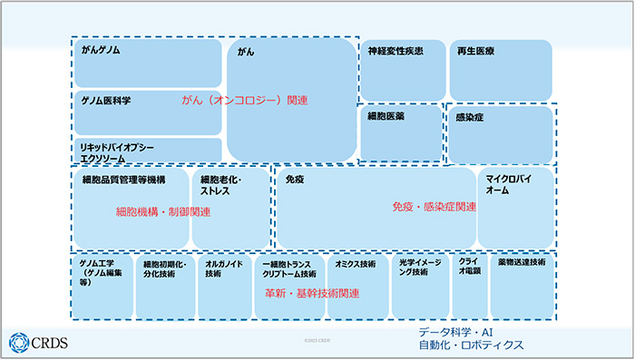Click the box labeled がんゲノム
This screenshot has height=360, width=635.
(x=148, y=63)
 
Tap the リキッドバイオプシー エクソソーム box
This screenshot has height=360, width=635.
(x=148, y=151)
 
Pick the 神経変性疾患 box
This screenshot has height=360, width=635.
(x=402, y=70)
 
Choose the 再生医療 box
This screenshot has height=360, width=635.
(x=501, y=70)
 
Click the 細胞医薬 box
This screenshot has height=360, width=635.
(x=400, y=133)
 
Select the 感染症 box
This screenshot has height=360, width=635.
(x=500, y=134)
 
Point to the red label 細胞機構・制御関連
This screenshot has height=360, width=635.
(x=163, y=212)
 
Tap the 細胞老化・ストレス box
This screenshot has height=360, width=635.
(x=230, y=207)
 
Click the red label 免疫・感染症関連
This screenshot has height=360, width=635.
(x=434, y=208)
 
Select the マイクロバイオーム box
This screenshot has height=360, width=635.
(x=515, y=207)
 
